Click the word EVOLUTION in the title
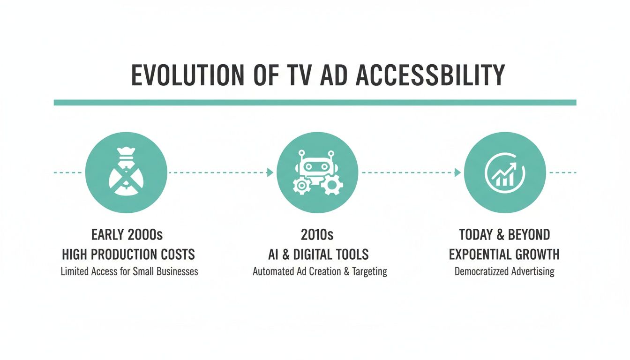(187, 75)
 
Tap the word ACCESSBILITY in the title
(430, 75)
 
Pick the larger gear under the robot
(332, 185)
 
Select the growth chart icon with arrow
(504, 172)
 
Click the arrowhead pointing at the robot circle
(270, 172)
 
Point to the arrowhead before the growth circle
(457, 172)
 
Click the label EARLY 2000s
(127, 234)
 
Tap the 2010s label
(317, 234)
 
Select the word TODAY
(476, 234)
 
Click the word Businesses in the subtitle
(177, 271)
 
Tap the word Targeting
(369, 272)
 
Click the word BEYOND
(531, 234)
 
